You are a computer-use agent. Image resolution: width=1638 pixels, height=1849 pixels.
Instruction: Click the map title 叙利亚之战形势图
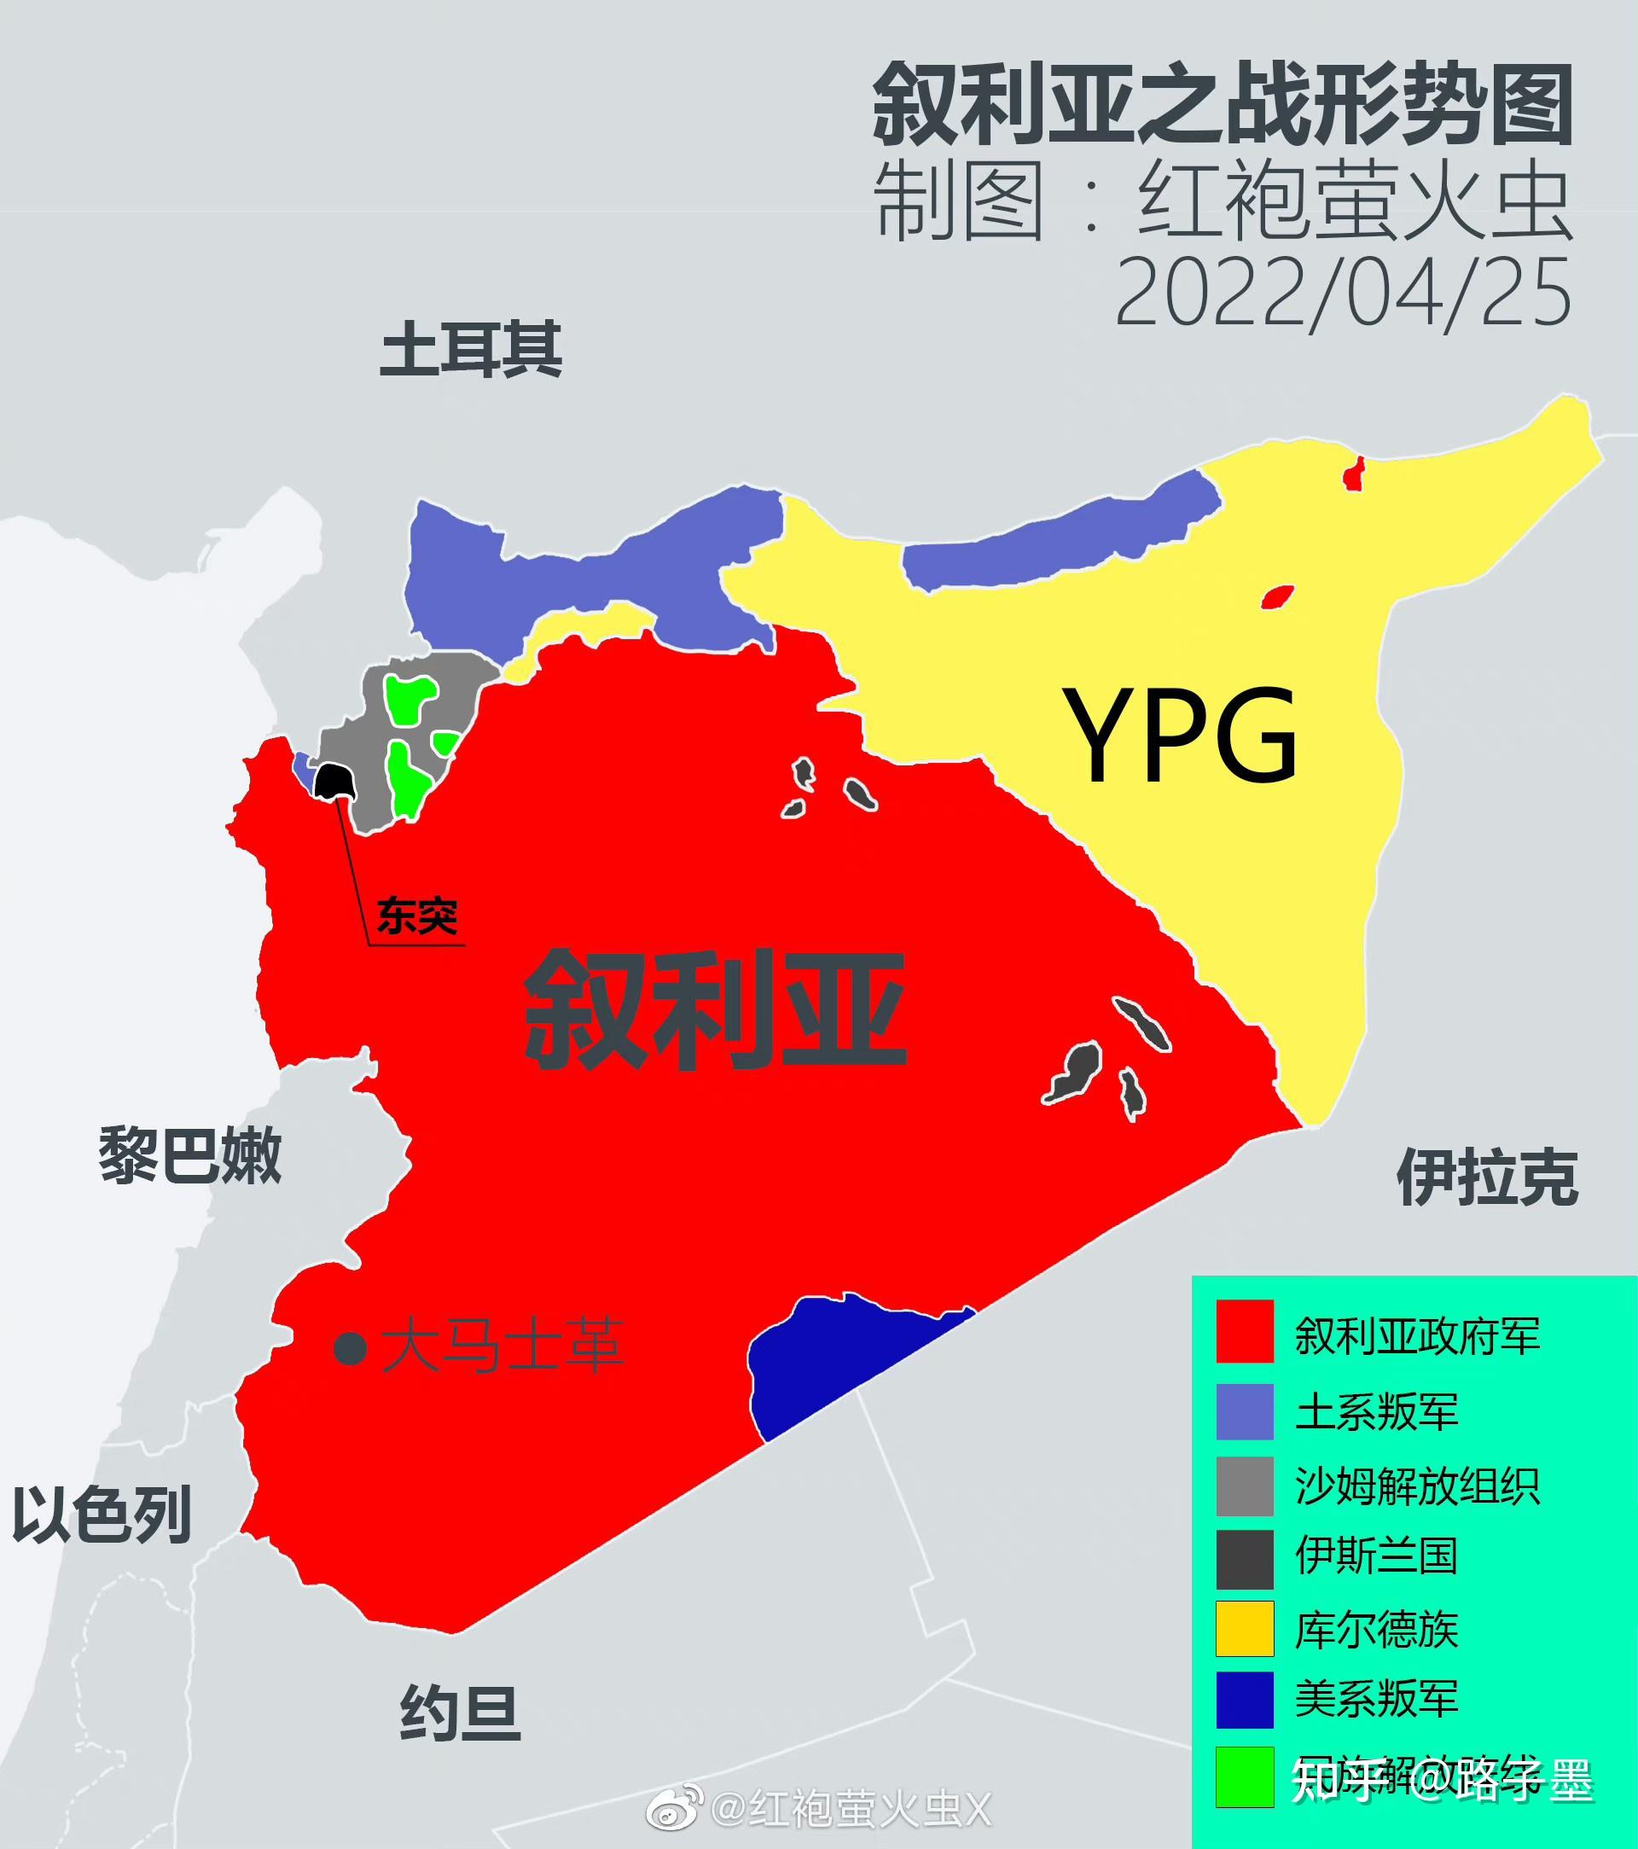1222,105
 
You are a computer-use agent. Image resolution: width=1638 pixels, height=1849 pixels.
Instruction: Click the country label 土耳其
470,351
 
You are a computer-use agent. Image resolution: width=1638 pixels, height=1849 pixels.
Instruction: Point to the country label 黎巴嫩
190,1156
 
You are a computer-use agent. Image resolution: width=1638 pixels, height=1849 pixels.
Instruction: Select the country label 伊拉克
1487,1177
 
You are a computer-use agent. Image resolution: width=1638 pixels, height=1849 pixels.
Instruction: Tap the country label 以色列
102,1515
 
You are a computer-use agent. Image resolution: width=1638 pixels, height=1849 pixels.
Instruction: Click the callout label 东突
417,917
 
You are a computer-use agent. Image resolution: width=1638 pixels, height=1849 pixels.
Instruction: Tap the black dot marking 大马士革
350,1349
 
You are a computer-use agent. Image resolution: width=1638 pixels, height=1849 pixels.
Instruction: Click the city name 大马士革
502,1347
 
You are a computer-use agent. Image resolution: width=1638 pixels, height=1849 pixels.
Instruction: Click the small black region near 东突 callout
334,781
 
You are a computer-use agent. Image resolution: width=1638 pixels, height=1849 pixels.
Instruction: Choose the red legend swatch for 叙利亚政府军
1245,1332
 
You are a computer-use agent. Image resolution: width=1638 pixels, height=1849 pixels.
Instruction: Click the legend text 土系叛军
1377,1412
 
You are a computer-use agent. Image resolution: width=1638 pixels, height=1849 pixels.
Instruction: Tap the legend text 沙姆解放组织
1417,1486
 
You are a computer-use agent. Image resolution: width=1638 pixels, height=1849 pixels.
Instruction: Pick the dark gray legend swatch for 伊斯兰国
1245,1560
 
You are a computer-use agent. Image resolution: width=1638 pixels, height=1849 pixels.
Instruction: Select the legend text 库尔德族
1377,1631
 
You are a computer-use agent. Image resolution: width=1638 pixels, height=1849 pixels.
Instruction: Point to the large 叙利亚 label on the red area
715,1009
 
